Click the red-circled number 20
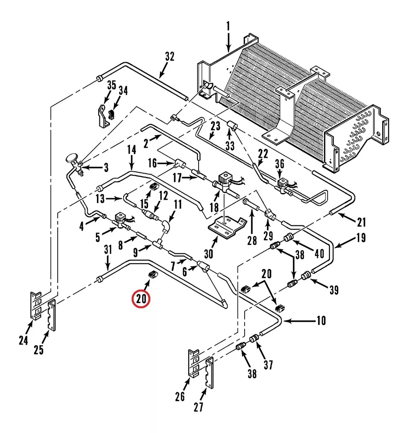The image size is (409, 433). pyautogui.click(x=141, y=299)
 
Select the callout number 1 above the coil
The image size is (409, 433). pyautogui.click(x=228, y=26)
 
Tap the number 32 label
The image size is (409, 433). pyautogui.click(x=170, y=56)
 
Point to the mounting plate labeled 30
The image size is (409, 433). pyautogui.click(x=227, y=228)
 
